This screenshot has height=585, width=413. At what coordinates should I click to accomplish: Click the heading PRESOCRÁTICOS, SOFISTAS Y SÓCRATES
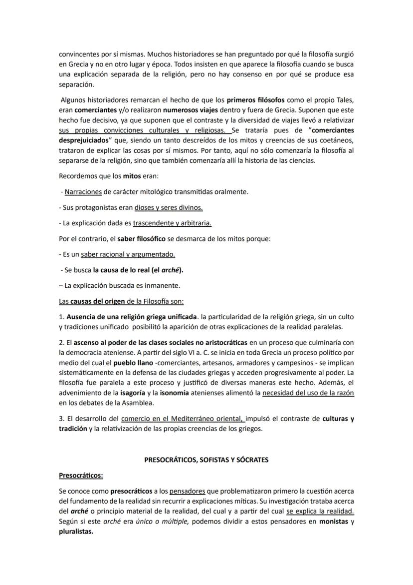tap(206, 460)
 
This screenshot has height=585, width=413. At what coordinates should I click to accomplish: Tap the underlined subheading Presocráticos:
tap(81, 475)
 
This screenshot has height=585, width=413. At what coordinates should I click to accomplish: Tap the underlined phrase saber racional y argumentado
tap(128, 254)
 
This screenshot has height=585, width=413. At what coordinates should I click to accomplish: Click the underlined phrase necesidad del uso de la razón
tap(308, 393)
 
